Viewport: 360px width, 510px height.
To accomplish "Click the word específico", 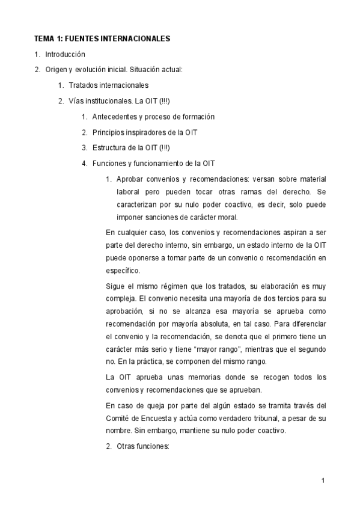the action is click(122, 271).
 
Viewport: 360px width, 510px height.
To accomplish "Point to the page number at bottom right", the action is click(323, 481).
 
